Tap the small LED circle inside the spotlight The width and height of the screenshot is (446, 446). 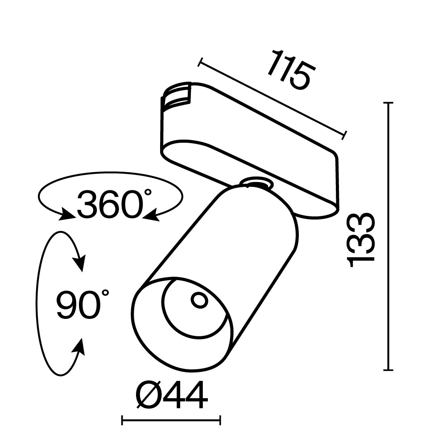pos(199,300)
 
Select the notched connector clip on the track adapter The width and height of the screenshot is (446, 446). pos(178,95)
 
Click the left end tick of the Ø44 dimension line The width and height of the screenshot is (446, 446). pos(123,420)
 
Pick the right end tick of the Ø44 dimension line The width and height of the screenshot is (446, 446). pos(220,420)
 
